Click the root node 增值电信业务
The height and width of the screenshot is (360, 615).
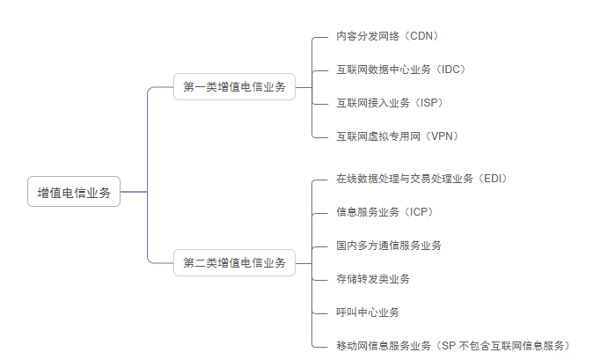click(74, 193)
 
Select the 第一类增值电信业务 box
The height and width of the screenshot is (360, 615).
click(234, 87)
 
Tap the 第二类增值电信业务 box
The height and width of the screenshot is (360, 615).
click(234, 262)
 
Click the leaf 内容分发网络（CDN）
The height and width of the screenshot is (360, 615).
click(387, 36)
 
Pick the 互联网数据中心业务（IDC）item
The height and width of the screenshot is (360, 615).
click(400, 69)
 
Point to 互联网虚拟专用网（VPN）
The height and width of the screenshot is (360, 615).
click(397, 136)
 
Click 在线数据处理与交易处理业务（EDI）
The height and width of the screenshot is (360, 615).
click(421, 179)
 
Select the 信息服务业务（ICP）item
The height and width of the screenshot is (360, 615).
click(384, 212)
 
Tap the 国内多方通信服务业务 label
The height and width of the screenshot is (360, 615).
click(389, 246)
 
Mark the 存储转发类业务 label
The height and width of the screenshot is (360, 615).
click(372, 279)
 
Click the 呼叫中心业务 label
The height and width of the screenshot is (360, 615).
click(367, 312)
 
